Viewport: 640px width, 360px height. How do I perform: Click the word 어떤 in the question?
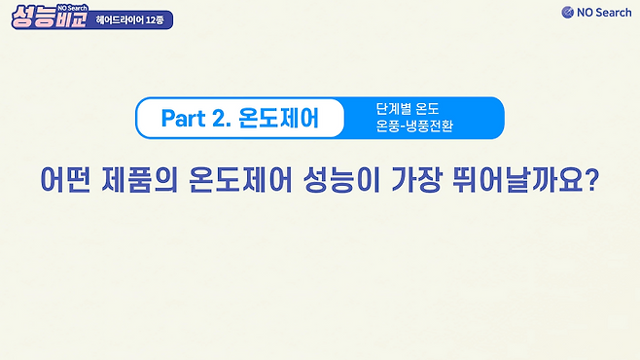click(65, 179)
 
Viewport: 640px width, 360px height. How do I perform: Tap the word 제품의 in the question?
click(140, 179)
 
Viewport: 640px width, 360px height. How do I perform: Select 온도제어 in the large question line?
click(241, 179)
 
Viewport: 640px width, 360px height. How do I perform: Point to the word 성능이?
click(341, 179)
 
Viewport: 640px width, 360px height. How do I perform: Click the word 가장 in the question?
click(416, 179)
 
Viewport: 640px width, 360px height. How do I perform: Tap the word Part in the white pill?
click(183, 119)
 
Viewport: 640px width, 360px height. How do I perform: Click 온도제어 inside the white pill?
click(277, 119)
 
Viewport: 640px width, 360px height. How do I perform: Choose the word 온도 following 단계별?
click(427, 109)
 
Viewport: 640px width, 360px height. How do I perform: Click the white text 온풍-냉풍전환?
click(414, 126)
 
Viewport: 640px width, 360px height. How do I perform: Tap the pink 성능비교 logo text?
click(50, 18)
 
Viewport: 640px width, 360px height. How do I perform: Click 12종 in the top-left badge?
click(155, 20)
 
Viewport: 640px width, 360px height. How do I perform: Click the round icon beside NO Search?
click(567, 13)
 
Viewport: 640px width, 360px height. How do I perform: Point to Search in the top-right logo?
click(614, 13)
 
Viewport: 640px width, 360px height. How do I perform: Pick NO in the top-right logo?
click(585, 13)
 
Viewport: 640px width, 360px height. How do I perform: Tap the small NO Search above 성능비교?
click(73, 8)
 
